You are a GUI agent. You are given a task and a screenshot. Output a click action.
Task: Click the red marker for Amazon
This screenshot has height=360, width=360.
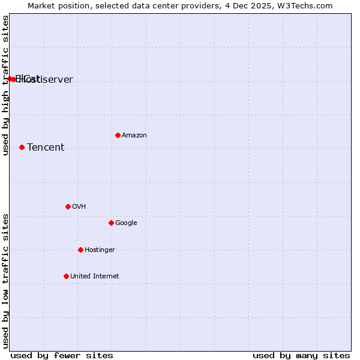click(x=118, y=135)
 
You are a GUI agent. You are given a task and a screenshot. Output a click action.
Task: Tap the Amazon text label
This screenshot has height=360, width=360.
click(x=134, y=136)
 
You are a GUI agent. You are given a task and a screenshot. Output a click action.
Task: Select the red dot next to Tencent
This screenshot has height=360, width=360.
click(x=22, y=147)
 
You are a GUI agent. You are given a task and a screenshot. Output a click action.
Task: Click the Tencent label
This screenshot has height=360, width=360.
click(x=46, y=148)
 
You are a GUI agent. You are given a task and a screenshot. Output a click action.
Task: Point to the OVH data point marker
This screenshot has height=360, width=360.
click(x=68, y=206)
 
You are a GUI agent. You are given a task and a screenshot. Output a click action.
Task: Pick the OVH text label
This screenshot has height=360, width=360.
click(x=79, y=207)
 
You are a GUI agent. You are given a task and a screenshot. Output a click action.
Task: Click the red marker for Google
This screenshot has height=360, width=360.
click(x=111, y=223)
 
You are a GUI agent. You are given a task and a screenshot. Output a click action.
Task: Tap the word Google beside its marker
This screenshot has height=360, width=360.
click(x=126, y=223)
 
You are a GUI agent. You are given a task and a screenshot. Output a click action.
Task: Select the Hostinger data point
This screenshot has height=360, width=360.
click(x=80, y=250)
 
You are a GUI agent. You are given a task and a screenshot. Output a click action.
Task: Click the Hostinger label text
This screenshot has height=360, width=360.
click(x=100, y=250)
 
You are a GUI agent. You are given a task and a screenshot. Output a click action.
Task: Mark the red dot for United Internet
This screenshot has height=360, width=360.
click(x=66, y=276)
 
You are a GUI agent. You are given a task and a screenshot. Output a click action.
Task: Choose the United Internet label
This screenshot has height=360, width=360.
click(x=95, y=277)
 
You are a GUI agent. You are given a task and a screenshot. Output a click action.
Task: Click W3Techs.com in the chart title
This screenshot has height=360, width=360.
click(x=309, y=5)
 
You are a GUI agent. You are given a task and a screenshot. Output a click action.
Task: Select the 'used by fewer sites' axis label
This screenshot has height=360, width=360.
click(x=62, y=355)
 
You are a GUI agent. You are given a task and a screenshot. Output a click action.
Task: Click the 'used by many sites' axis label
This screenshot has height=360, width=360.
click(x=301, y=355)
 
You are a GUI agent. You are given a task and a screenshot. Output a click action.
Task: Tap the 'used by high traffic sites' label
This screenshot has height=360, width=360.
click(x=6, y=86)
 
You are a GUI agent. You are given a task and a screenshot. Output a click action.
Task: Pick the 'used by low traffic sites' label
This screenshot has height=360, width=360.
click(x=6, y=281)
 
